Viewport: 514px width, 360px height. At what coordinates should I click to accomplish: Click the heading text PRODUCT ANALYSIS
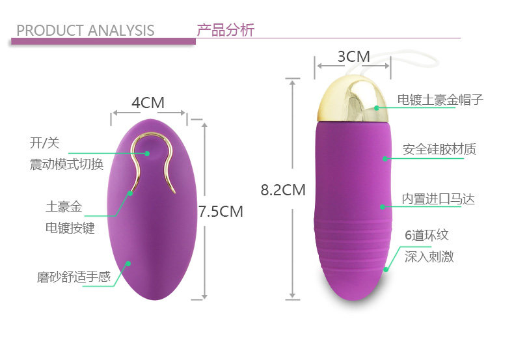pos(85,31)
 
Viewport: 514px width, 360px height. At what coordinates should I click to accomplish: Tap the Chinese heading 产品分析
pos(225,29)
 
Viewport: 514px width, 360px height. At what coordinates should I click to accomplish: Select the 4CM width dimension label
pos(148,103)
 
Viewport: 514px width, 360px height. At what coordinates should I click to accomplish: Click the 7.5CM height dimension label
pos(221,211)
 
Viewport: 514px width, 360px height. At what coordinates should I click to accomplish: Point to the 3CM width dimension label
pos(353,57)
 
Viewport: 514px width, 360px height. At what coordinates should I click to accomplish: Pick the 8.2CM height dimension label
pos(283,190)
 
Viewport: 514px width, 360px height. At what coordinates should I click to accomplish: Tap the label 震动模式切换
pos(66,164)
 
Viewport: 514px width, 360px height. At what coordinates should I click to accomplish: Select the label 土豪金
pos(64,207)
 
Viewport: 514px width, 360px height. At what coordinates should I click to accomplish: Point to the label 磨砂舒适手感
pos(74,277)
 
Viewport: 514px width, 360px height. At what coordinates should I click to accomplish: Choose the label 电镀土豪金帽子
pos(440,100)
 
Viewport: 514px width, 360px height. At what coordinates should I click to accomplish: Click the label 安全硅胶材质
pos(439,149)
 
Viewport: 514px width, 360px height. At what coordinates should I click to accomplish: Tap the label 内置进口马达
pos(437,199)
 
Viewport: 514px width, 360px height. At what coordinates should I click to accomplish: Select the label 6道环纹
pos(427,235)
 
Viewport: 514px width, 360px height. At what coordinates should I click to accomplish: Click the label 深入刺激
pos(429,256)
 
